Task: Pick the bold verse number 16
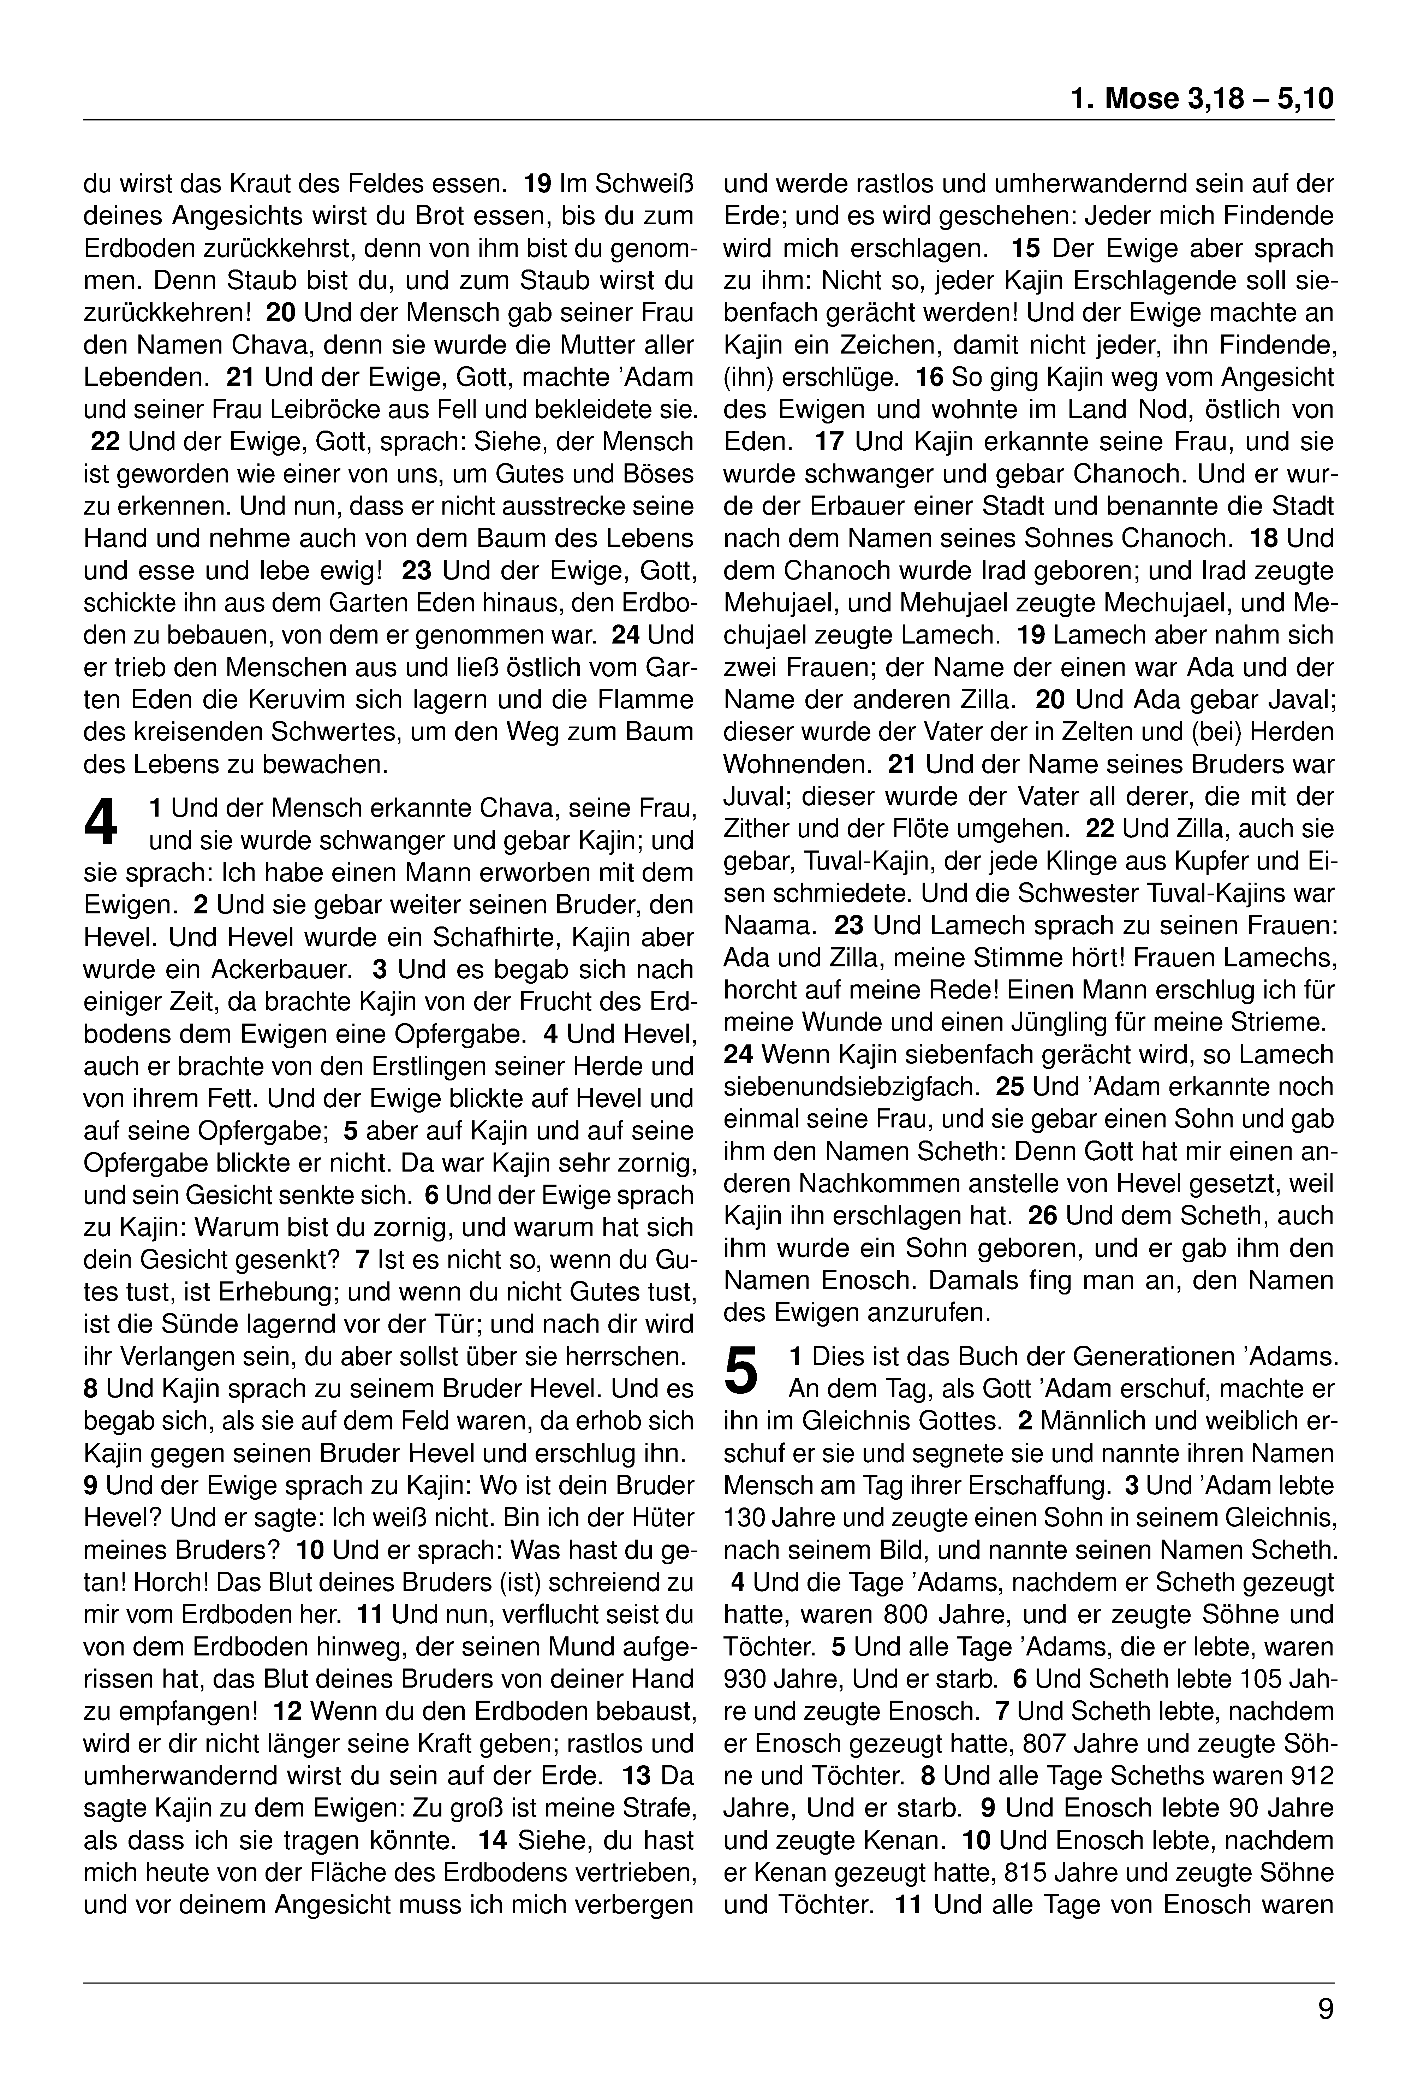930,377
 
